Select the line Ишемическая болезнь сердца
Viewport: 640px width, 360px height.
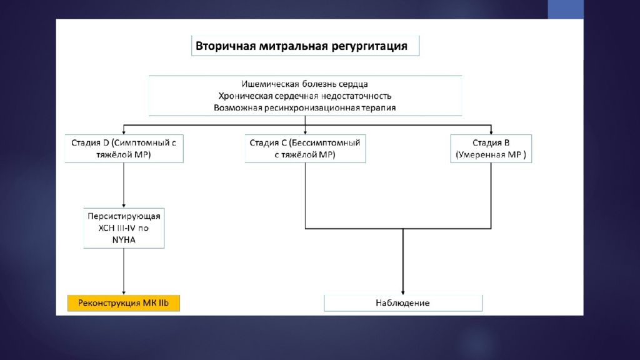click(304, 84)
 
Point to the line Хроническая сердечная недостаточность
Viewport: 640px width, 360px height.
click(305, 96)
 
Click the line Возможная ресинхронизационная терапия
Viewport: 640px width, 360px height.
click(305, 107)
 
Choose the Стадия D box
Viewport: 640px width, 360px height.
click(124, 149)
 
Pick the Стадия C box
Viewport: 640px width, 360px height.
click(305, 149)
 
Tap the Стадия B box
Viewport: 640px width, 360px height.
click(491, 149)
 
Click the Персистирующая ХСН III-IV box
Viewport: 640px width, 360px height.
click(124, 228)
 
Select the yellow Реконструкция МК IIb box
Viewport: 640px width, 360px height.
click(124, 303)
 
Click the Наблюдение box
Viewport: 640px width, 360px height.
click(403, 303)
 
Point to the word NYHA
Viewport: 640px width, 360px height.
click(124, 240)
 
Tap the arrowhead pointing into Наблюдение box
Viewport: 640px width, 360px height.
click(403, 292)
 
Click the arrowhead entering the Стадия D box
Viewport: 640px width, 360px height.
click(124, 132)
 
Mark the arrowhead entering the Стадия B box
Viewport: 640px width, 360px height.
click(491, 132)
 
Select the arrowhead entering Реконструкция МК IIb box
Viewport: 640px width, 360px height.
click(124, 292)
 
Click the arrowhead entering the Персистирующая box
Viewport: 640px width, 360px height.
click(124, 206)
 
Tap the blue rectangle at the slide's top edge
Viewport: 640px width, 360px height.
click(566, 9)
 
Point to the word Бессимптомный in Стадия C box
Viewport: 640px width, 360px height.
click(324, 143)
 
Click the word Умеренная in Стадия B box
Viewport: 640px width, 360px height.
click(481, 155)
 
